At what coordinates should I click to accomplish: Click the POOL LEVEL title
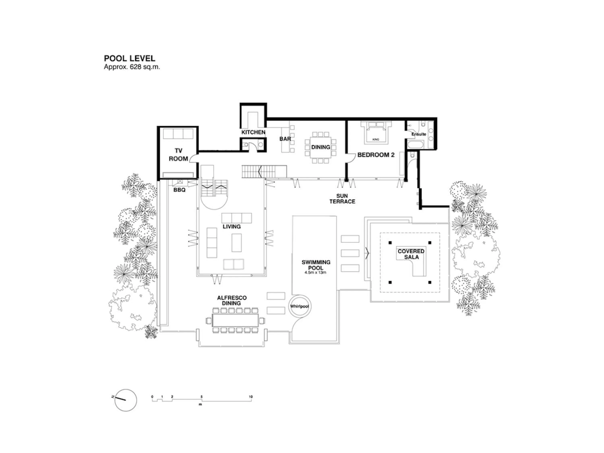coord(129,58)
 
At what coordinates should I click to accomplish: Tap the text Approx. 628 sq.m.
coord(132,67)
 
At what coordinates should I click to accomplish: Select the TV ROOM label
coord(178,155)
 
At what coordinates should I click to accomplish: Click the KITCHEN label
coord(253,132)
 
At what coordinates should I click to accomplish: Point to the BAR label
coord(285,139)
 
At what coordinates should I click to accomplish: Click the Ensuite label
coord(419,134)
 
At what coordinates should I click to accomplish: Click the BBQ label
coord(179,190)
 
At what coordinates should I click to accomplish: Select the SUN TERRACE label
coord(342,199)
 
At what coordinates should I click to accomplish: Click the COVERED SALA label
coord(411,254)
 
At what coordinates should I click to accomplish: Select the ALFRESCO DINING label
coord(232,300)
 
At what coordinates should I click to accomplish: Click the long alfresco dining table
coord(235,320)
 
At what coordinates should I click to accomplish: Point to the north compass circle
coord(126,400)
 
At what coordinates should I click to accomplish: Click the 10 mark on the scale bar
coord(251,397)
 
